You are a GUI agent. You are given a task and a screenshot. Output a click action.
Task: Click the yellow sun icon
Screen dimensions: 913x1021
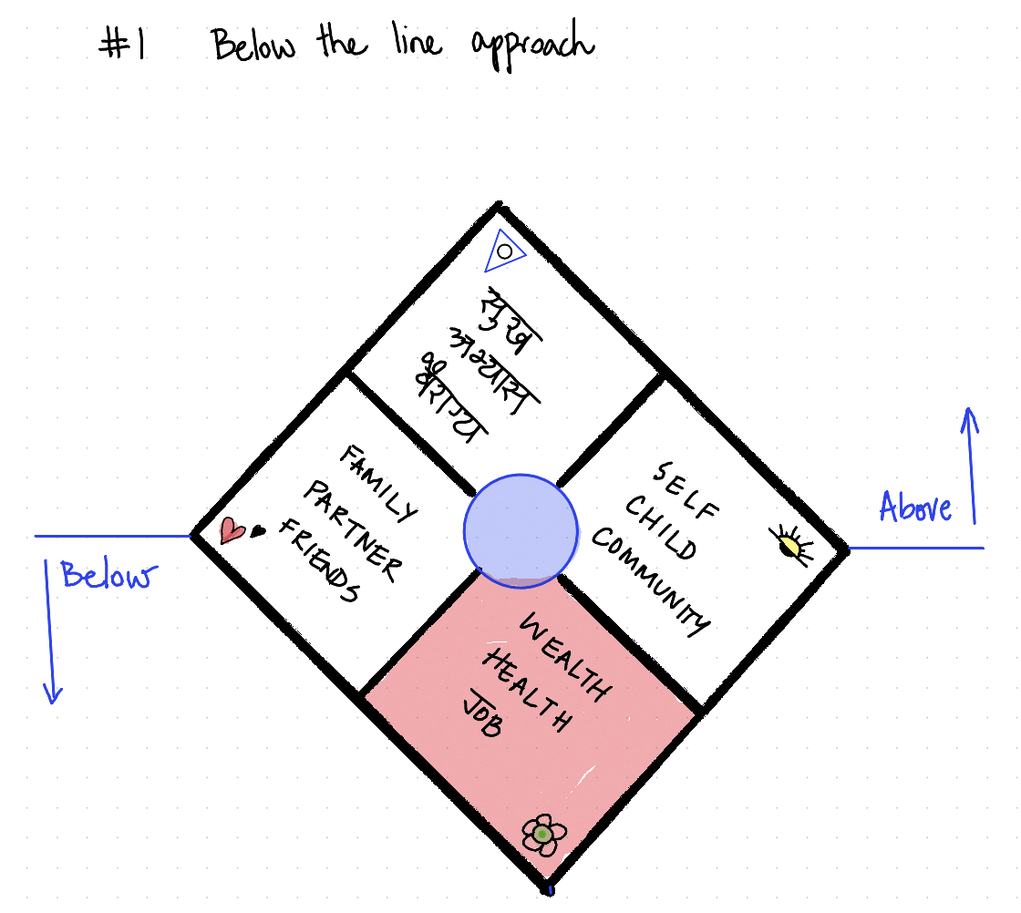(x=789, y=543)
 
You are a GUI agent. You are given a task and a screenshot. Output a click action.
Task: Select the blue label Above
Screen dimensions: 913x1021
(x=915, y=507)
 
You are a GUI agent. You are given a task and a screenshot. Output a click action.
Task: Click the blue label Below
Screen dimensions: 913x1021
(x=108, y=576)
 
